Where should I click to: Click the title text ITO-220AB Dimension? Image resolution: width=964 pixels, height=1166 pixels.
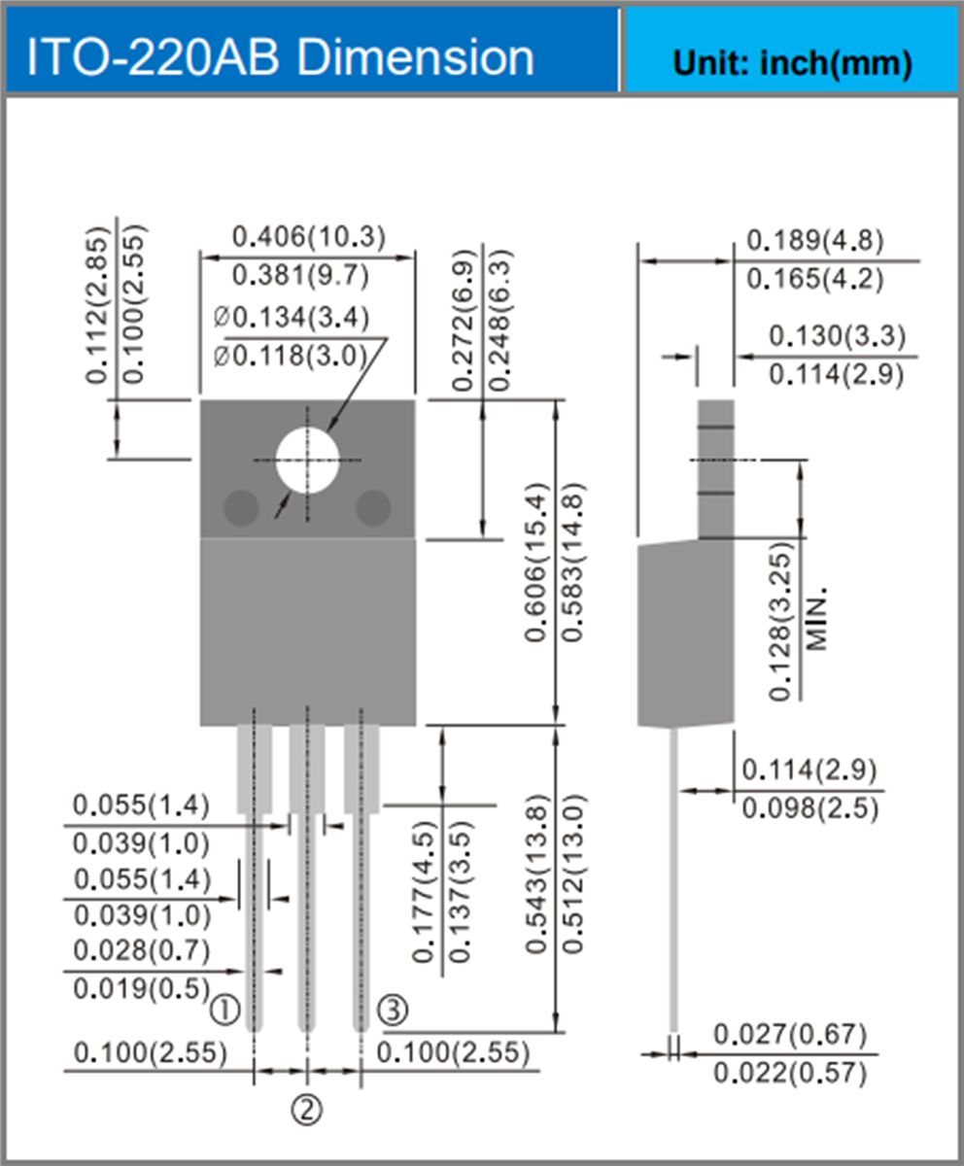click(280, 58)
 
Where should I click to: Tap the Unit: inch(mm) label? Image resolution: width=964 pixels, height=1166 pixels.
click(792, 63)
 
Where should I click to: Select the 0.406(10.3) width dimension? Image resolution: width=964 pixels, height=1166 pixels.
click(308, 236)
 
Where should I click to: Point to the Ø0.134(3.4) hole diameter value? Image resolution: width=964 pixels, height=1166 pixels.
click(291, 318)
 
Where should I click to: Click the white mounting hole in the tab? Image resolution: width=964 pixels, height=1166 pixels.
click(307, 460)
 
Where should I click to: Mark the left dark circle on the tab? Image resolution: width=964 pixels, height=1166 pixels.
click(241, 507)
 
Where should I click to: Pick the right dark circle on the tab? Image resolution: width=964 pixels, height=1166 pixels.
click(373, 507)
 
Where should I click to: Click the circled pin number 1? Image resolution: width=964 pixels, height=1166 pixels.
click(225, 1011)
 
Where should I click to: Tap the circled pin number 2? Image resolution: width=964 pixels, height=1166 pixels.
click(307, 1109)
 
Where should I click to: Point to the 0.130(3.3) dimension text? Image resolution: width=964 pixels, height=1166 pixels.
click(837, 336)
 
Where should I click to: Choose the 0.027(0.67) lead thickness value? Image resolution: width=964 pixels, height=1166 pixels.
click(789, 1035)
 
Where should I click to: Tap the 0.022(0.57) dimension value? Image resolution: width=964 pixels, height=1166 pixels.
click(789, 1073)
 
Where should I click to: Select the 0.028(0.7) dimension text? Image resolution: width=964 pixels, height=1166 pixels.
click(142, 950)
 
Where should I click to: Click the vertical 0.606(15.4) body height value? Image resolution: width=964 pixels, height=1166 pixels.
click(537, 562)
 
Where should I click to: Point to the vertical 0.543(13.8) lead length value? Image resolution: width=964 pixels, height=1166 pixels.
click(537, 874)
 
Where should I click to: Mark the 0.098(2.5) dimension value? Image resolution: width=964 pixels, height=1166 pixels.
click(809, 808)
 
